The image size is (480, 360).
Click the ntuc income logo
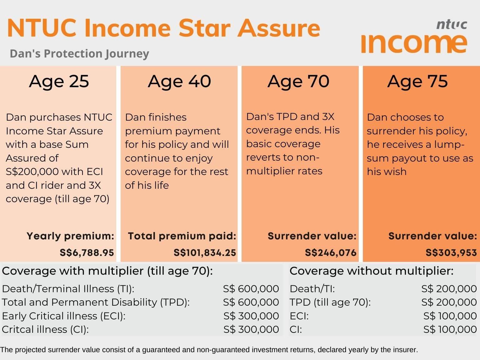click(414, 37)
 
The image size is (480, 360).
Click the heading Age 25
click(59, 82)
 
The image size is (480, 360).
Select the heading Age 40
click(179, 82)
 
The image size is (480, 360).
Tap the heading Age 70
click(298, 82)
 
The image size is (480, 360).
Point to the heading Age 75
click(417, 82)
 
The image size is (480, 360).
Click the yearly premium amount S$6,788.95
click(87, 252)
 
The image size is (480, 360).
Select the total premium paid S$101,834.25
click(205, 252)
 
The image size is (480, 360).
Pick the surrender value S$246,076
click(331, 252)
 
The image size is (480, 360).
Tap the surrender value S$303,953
click(451, 252)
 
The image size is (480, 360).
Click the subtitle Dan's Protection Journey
click(79, 54)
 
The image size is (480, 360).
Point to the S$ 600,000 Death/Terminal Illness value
click(251, 289)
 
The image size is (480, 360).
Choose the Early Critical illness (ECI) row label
click(64, 316)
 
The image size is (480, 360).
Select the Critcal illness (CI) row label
click(45, 329)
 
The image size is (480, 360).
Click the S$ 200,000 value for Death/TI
click(449, 289)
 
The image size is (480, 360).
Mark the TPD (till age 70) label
click(330, 302)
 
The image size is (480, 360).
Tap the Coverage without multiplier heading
click(371, 271)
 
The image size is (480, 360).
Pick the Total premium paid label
click(182, 236)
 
